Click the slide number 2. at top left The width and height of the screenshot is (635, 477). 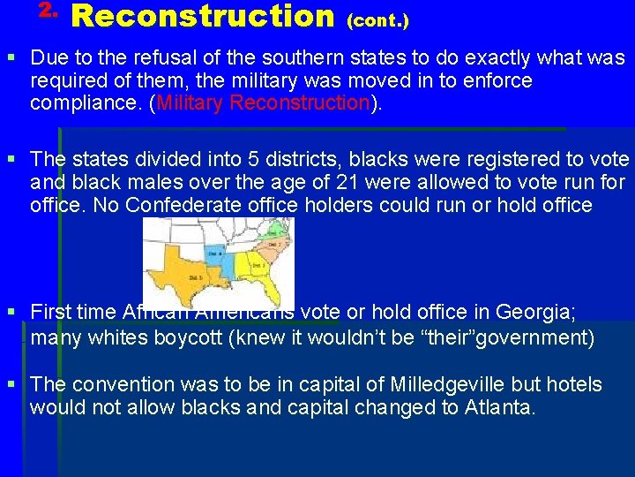(x=49, y=11)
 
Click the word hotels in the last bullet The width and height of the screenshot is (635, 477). (x=571, y=385)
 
